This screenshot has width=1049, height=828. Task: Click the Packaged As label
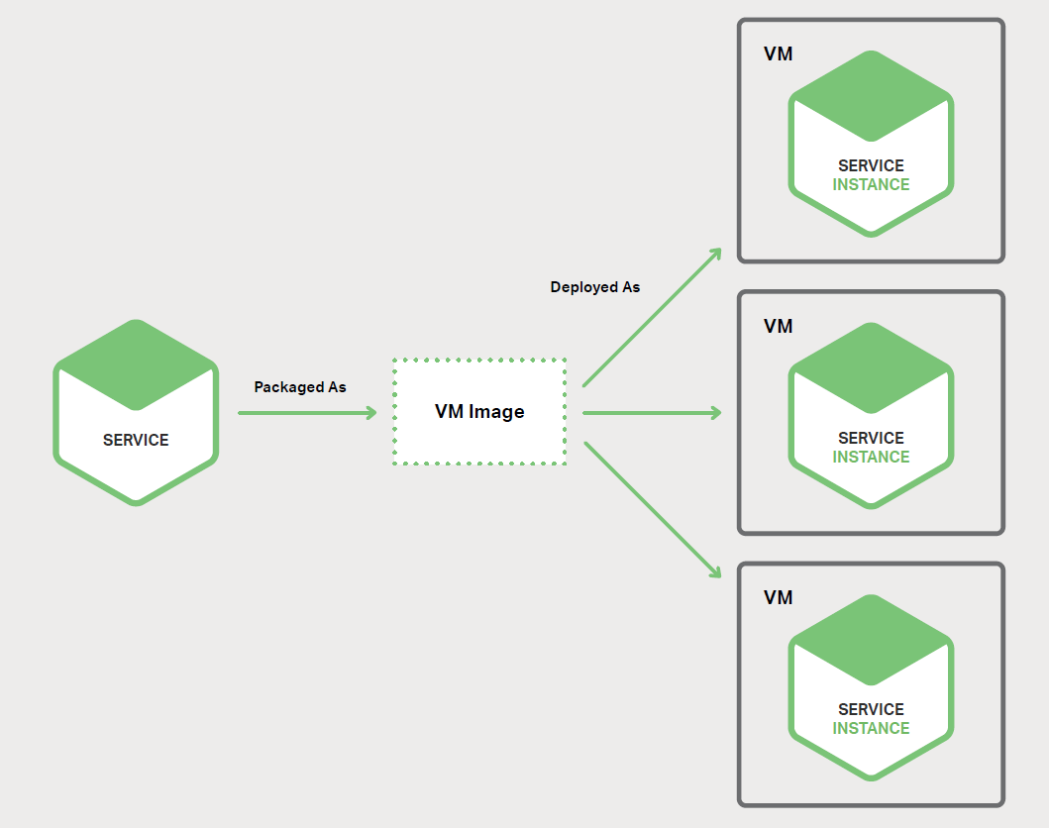click(300, 387)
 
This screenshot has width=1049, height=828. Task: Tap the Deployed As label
click(595, 287)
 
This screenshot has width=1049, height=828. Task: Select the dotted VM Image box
click(479, 412)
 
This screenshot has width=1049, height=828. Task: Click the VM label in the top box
click(778, 53)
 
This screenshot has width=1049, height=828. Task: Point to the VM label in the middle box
click(778, 326)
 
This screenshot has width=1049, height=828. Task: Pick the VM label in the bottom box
click(778, 598)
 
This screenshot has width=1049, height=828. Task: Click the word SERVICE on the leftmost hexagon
click(136, 440)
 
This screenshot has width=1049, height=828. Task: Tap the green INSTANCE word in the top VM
click(871, 184)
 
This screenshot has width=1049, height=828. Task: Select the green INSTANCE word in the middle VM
click(871, 457)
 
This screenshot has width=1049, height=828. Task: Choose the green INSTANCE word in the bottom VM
click(871, 728)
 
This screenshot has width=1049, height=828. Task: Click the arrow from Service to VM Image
click(307, 413)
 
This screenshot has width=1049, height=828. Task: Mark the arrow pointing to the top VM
click(652, 317)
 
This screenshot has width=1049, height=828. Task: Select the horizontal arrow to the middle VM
click(652, 413)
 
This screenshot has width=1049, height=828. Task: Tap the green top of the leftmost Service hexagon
click(136, 363)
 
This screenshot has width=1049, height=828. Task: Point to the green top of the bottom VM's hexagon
click(871, 639)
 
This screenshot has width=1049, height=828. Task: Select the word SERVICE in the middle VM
click(871, 438)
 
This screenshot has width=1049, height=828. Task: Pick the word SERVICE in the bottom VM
click(871, 709)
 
